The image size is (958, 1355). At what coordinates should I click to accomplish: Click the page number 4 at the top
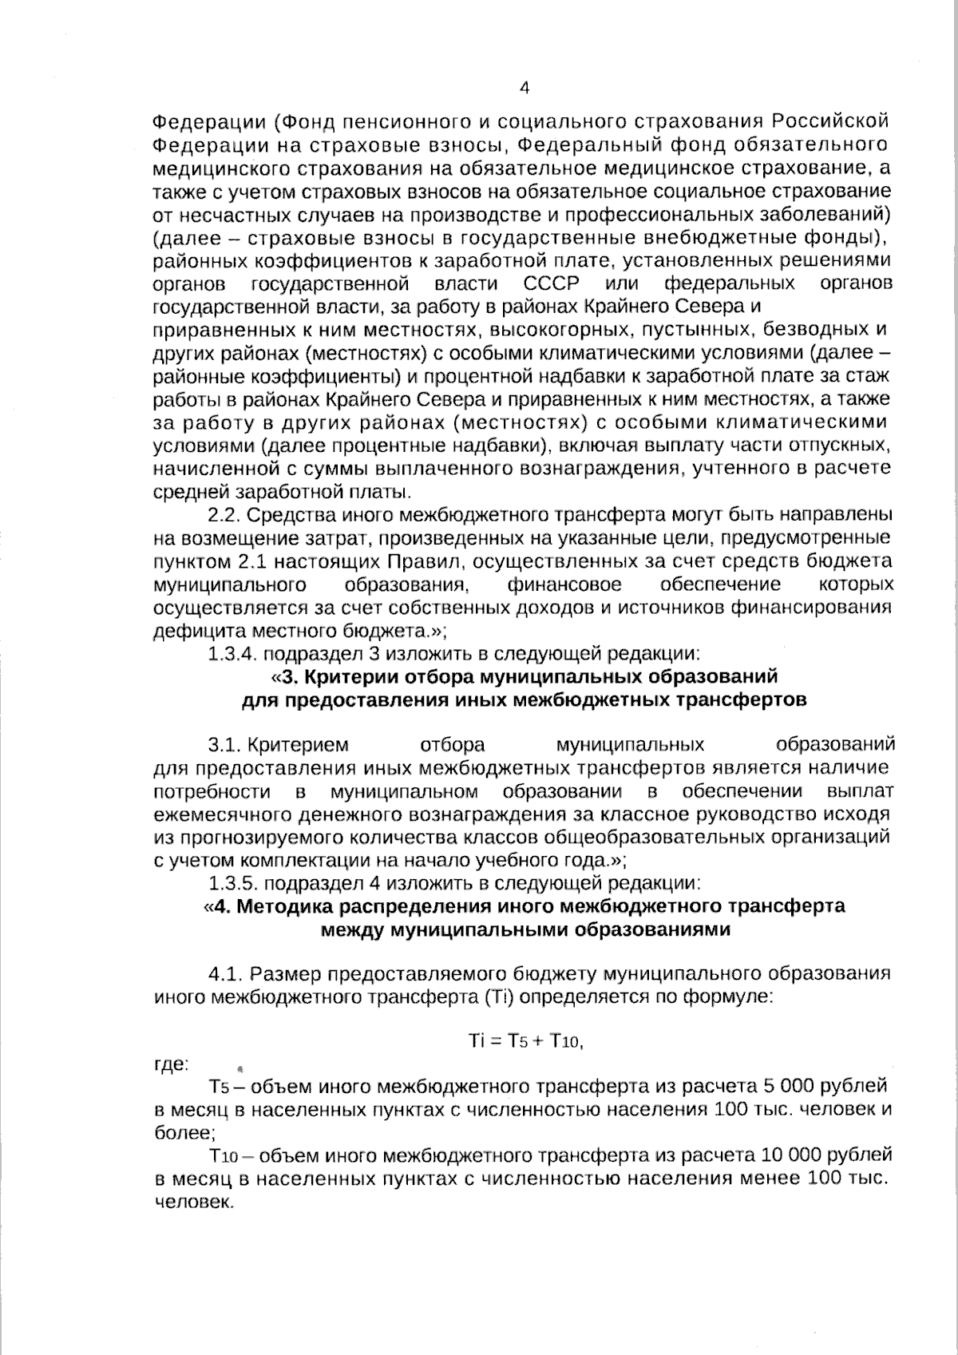coord(525,89)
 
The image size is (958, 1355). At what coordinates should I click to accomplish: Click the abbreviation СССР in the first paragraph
coord(552,284)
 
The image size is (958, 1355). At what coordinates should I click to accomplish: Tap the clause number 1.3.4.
coord(232,654)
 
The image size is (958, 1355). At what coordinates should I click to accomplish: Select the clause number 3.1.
coord(226,745)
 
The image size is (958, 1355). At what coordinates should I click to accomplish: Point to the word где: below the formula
coord(171,1064)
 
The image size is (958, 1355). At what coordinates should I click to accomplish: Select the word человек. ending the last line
coord(193,1202)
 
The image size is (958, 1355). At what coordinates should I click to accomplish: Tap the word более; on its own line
coord(183,1132)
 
